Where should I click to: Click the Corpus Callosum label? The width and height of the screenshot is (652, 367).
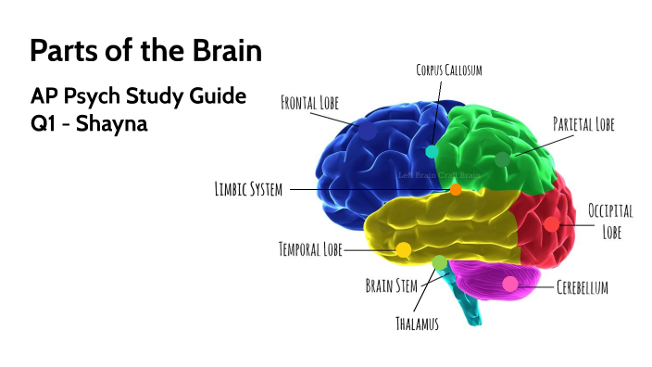pyautogui.click(x=448, y=70)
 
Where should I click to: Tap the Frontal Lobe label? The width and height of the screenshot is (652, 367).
pyautogui.click(x=309, y=101)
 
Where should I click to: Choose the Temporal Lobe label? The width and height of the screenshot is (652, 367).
pyautogui.click(x=310, y=249)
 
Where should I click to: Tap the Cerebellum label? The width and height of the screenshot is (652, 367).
pyautogui.click(x=583, y=287)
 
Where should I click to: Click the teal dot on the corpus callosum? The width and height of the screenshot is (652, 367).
pyautogui.click(x=432, y=151)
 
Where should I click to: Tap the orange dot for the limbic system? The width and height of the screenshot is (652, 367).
pyautogui.click(x=455, y=189)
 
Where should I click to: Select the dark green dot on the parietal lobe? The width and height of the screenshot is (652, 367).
pyautogui.click(x=502, y=158)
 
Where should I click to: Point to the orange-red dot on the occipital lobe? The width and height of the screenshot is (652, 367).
pyautogui.click(x=551, y=223)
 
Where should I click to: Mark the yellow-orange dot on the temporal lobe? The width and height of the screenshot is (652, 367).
pyautogui.click(x=404, y=249)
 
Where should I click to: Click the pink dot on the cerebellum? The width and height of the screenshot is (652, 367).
pyautogui.click(x=510, y=284)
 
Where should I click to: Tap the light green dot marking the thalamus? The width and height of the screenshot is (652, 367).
pyautogui.click(x=439, y=262)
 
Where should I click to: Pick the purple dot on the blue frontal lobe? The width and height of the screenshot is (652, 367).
pyautogui.click(x=369, y=133)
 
